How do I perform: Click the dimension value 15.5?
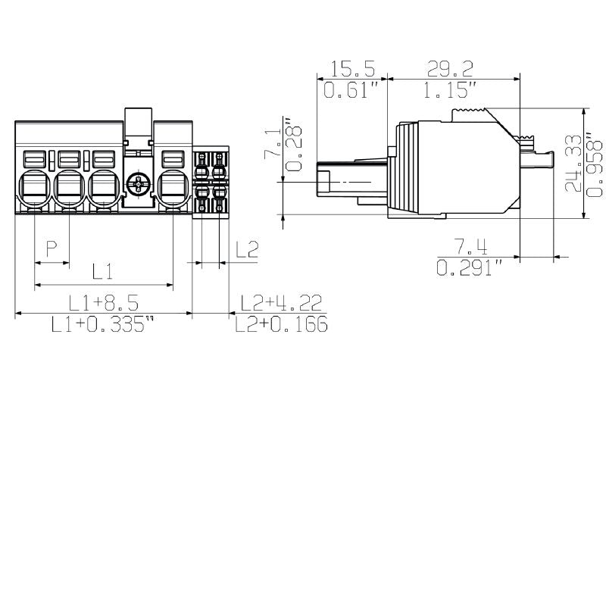click(352, 70)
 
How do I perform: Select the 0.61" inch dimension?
click(351, 91)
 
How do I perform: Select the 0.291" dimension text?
click(470, 268)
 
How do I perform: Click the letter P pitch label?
click(52, 248)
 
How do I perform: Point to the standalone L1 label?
click(103, 270)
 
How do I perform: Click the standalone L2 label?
click(247, 248)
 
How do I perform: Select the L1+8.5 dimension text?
click(103, 304)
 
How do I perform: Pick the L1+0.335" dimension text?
click(103, 326)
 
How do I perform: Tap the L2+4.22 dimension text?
click(281, 304)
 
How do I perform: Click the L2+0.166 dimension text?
click(281, 326)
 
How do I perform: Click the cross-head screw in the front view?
click(138, 183)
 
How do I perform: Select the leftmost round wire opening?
click(33, 187)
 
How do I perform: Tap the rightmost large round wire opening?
click(173, 187)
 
